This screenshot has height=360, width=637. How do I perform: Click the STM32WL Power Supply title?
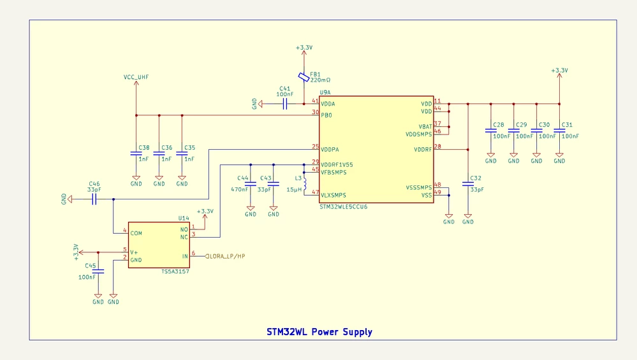click(x=319, y=332)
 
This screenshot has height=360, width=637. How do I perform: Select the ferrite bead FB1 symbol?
click(x=304, y=77)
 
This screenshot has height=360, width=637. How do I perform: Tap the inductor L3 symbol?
click(x=305, y=184)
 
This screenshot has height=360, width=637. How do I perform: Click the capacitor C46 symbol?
click(x=94, y=199)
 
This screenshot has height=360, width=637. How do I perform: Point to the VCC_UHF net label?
click(x=136, y=77)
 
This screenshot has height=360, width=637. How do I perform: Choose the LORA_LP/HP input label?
click(x=227, y=256)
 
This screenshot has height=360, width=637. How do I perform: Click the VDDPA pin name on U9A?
click(x=330, y=150)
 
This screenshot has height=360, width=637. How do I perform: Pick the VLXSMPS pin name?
click(x=333, y=195)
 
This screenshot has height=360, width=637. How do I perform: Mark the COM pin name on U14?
click(x=136, y=233)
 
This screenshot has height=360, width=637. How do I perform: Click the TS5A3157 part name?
click(x=175, y=271)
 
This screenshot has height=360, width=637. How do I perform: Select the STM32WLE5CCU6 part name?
click(x=343, y=207)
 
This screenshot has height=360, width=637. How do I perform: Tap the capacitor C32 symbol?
click(x=468, y=184)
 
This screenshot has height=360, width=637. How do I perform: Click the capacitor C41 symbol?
click(x=285, y=104)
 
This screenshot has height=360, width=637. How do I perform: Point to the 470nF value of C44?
click(x=239, y=189)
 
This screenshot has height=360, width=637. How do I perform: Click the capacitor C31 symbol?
click(x=559, y=131)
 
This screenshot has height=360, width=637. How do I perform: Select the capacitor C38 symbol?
click(x=136, y=154)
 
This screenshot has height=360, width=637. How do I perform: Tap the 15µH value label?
click(x=294, y=189)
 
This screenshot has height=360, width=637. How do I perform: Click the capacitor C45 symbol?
click(x=98, y=271)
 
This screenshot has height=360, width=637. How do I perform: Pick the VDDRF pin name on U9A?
click(x=423, y=150)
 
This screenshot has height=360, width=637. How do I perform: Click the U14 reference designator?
click(x=184, y=219)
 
